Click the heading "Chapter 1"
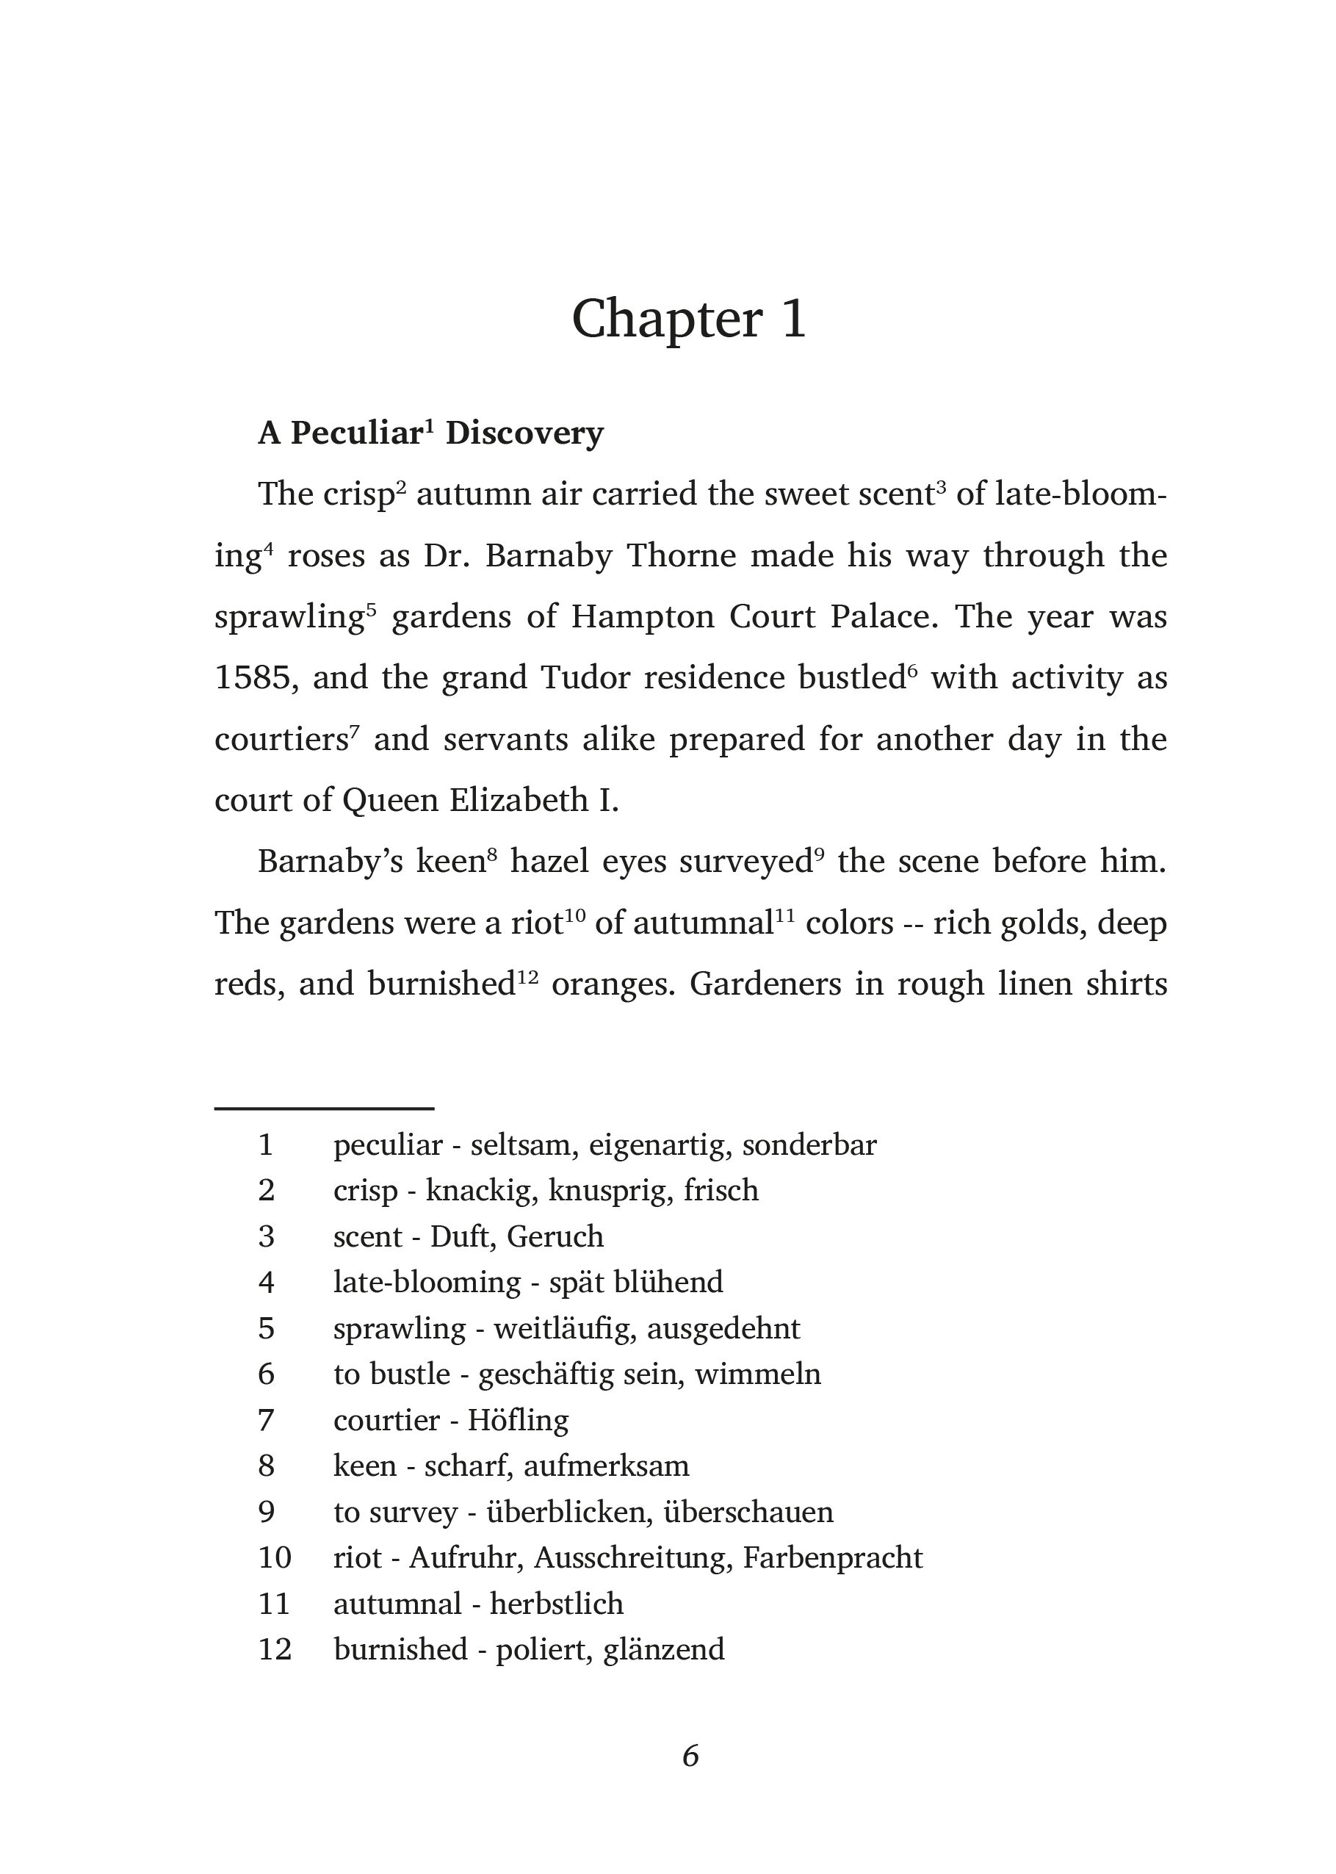click(689, 319)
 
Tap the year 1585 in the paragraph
click(255, 679)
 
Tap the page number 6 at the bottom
click(690, 1756)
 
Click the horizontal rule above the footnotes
click(324, 1109)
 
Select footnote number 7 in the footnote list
click(266, 1420)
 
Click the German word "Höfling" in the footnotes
click(519, 1420)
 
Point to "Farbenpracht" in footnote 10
click(833, 1557)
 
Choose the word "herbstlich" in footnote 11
click(557, 1604)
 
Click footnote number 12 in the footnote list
click(275, 1649)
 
